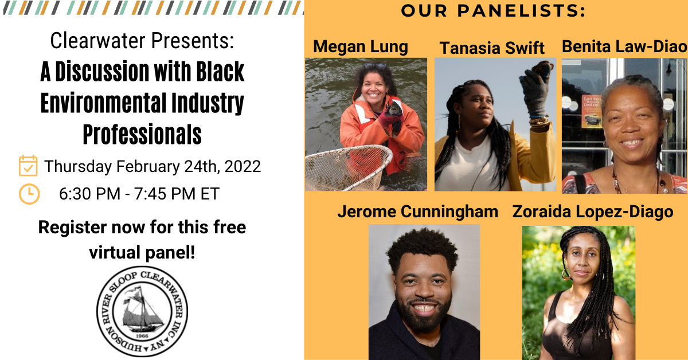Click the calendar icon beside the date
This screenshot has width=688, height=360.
(28, 166)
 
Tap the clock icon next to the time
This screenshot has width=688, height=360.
(29, 194)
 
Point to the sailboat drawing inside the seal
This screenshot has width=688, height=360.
(142, 310)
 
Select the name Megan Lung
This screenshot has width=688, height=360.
(361, 47)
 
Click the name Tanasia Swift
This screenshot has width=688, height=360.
(492, 48)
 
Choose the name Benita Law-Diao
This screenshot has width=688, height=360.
(624, 46)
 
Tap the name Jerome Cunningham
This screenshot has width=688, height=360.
(418, 212)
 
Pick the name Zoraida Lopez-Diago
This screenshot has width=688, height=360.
(593, 212)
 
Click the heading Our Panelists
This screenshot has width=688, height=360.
(493, 11)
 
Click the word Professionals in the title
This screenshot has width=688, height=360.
(142, 135)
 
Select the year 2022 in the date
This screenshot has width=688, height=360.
(243, 166)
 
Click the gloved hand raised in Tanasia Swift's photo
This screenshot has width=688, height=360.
(535, 89)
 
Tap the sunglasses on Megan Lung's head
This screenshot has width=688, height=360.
(375, 66)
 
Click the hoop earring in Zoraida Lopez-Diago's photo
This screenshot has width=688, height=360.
(565, 274)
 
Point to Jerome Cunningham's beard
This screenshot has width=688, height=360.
(424, 314)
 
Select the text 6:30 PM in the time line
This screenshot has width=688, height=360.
(89, 194)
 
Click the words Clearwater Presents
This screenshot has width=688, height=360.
(142, 41)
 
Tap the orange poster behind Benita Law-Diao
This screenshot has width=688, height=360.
(591, 111)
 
